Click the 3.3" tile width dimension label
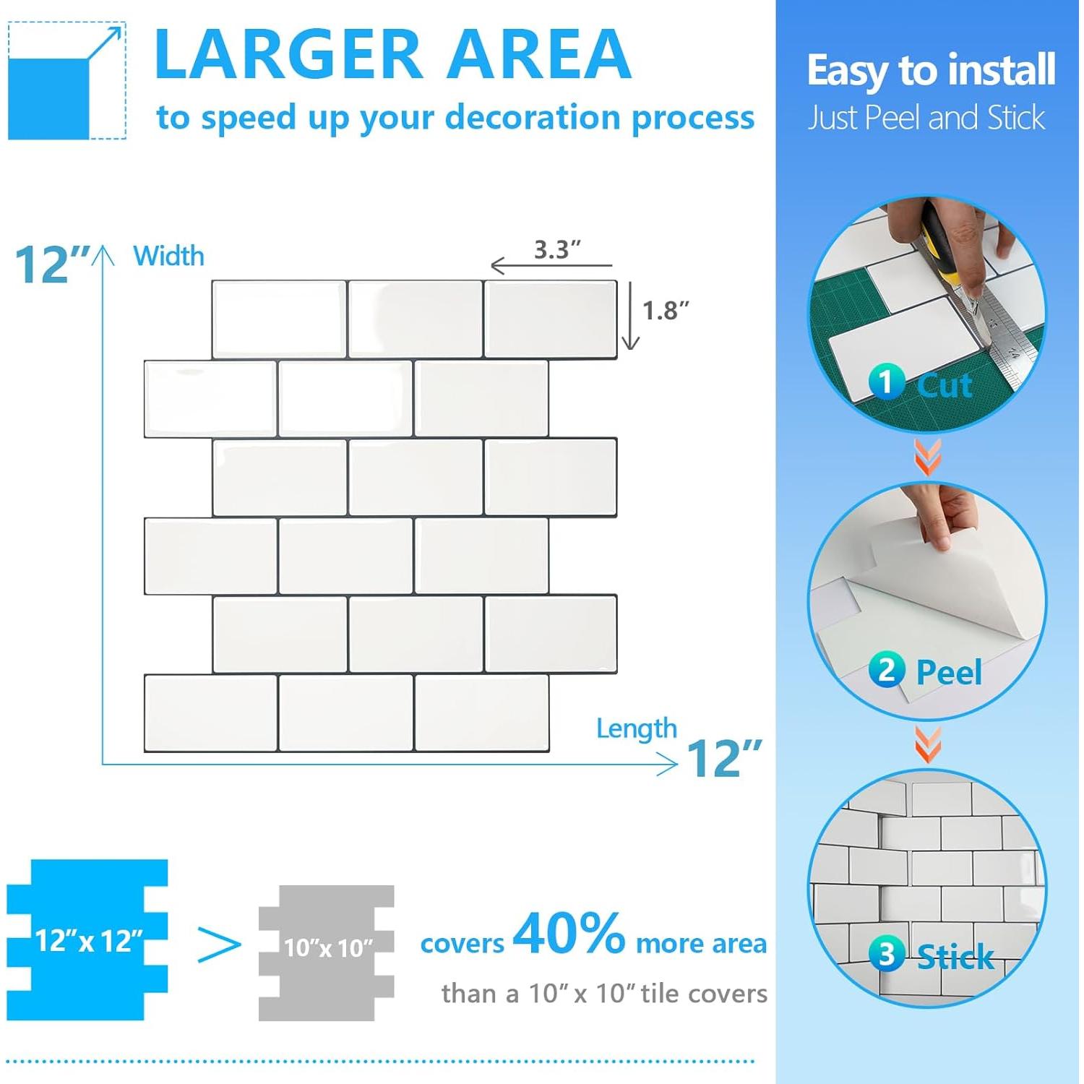point(557,250)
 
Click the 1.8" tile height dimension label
point(665,311)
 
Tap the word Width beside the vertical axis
point(168,257)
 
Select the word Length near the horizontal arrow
point(636,728)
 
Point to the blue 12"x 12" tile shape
point(87,939)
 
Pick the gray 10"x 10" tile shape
point(327,952)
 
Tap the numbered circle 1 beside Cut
point(886,382)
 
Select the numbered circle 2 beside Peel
point(886,670)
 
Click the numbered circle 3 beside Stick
point(886,955)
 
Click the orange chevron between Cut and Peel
point(928,457)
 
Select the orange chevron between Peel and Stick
point(928,745)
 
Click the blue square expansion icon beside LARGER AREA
point(66,81)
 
